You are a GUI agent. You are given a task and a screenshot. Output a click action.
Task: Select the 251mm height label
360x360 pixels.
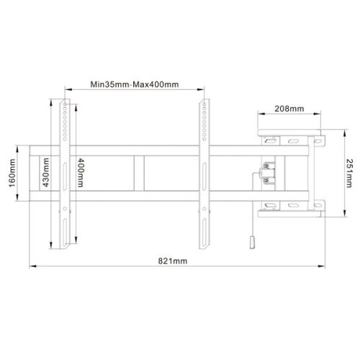348,171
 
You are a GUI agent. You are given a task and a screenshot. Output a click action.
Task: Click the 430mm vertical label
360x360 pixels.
45,172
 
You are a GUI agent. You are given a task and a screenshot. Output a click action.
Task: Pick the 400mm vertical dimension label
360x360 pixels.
79,172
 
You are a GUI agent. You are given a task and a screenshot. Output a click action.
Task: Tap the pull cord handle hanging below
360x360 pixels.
252,243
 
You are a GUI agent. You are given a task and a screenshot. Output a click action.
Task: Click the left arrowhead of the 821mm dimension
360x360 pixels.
32,266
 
